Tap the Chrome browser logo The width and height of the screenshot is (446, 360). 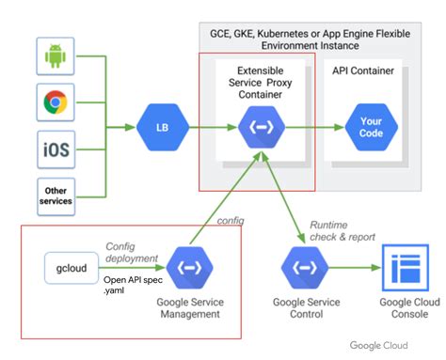(56, 102)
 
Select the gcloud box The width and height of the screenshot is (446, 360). (72, 266)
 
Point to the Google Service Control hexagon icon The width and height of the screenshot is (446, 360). (303, 267)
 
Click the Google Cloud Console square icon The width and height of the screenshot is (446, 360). (405, 267)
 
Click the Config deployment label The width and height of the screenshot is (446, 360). (126, 253)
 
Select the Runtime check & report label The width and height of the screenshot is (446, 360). (342, 231)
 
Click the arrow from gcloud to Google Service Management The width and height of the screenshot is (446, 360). (134, 267)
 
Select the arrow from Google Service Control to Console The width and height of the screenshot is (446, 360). (350, 267)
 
